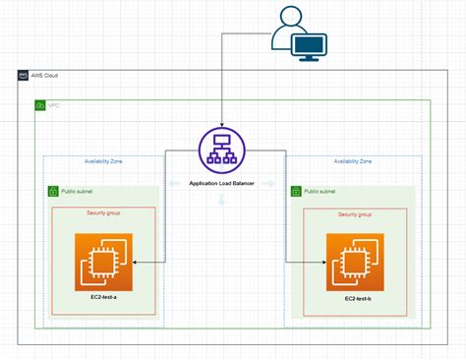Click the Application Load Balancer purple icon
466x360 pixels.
[x=221, y=150]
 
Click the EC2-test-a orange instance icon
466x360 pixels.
[x=103, y=262]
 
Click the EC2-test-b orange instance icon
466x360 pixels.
[x=358, y=262]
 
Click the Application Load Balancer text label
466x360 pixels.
[x=221, y=183]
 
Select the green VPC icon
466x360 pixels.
[x=40, y=104]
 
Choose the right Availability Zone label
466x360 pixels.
[x=352, y=160]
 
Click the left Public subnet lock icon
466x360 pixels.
[x=53, y=192]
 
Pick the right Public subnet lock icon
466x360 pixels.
[x=296, y=192]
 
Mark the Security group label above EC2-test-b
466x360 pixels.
[x=356, y=213]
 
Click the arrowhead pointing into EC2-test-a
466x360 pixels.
[x=135, y=262]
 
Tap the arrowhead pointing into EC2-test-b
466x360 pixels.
[x=324, y=262]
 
